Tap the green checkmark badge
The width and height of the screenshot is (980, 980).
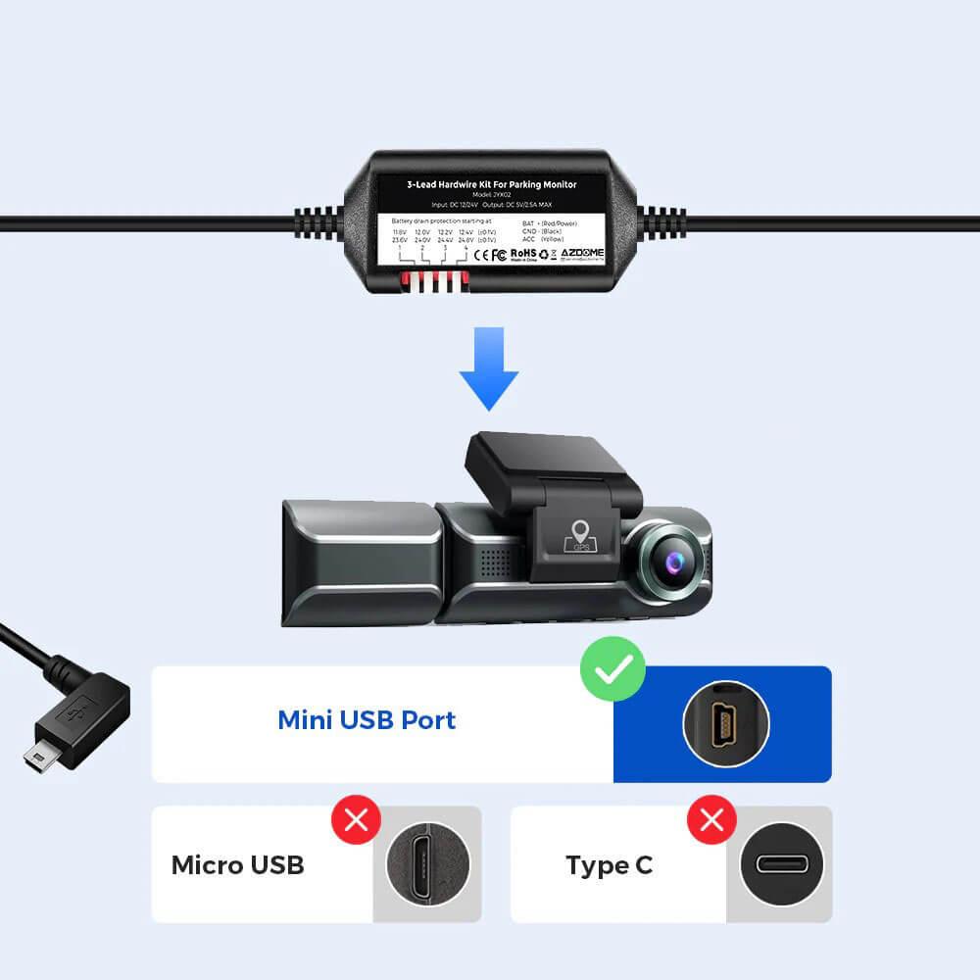612,669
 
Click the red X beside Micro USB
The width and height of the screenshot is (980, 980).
357,819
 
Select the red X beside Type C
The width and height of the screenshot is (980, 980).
711,819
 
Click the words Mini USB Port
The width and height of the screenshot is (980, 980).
367,720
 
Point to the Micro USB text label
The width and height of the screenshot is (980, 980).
237,865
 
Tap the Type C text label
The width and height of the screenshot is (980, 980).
609,865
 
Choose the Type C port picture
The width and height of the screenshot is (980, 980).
778,865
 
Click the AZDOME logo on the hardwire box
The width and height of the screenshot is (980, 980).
584,253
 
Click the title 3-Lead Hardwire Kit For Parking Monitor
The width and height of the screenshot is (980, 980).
491,183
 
